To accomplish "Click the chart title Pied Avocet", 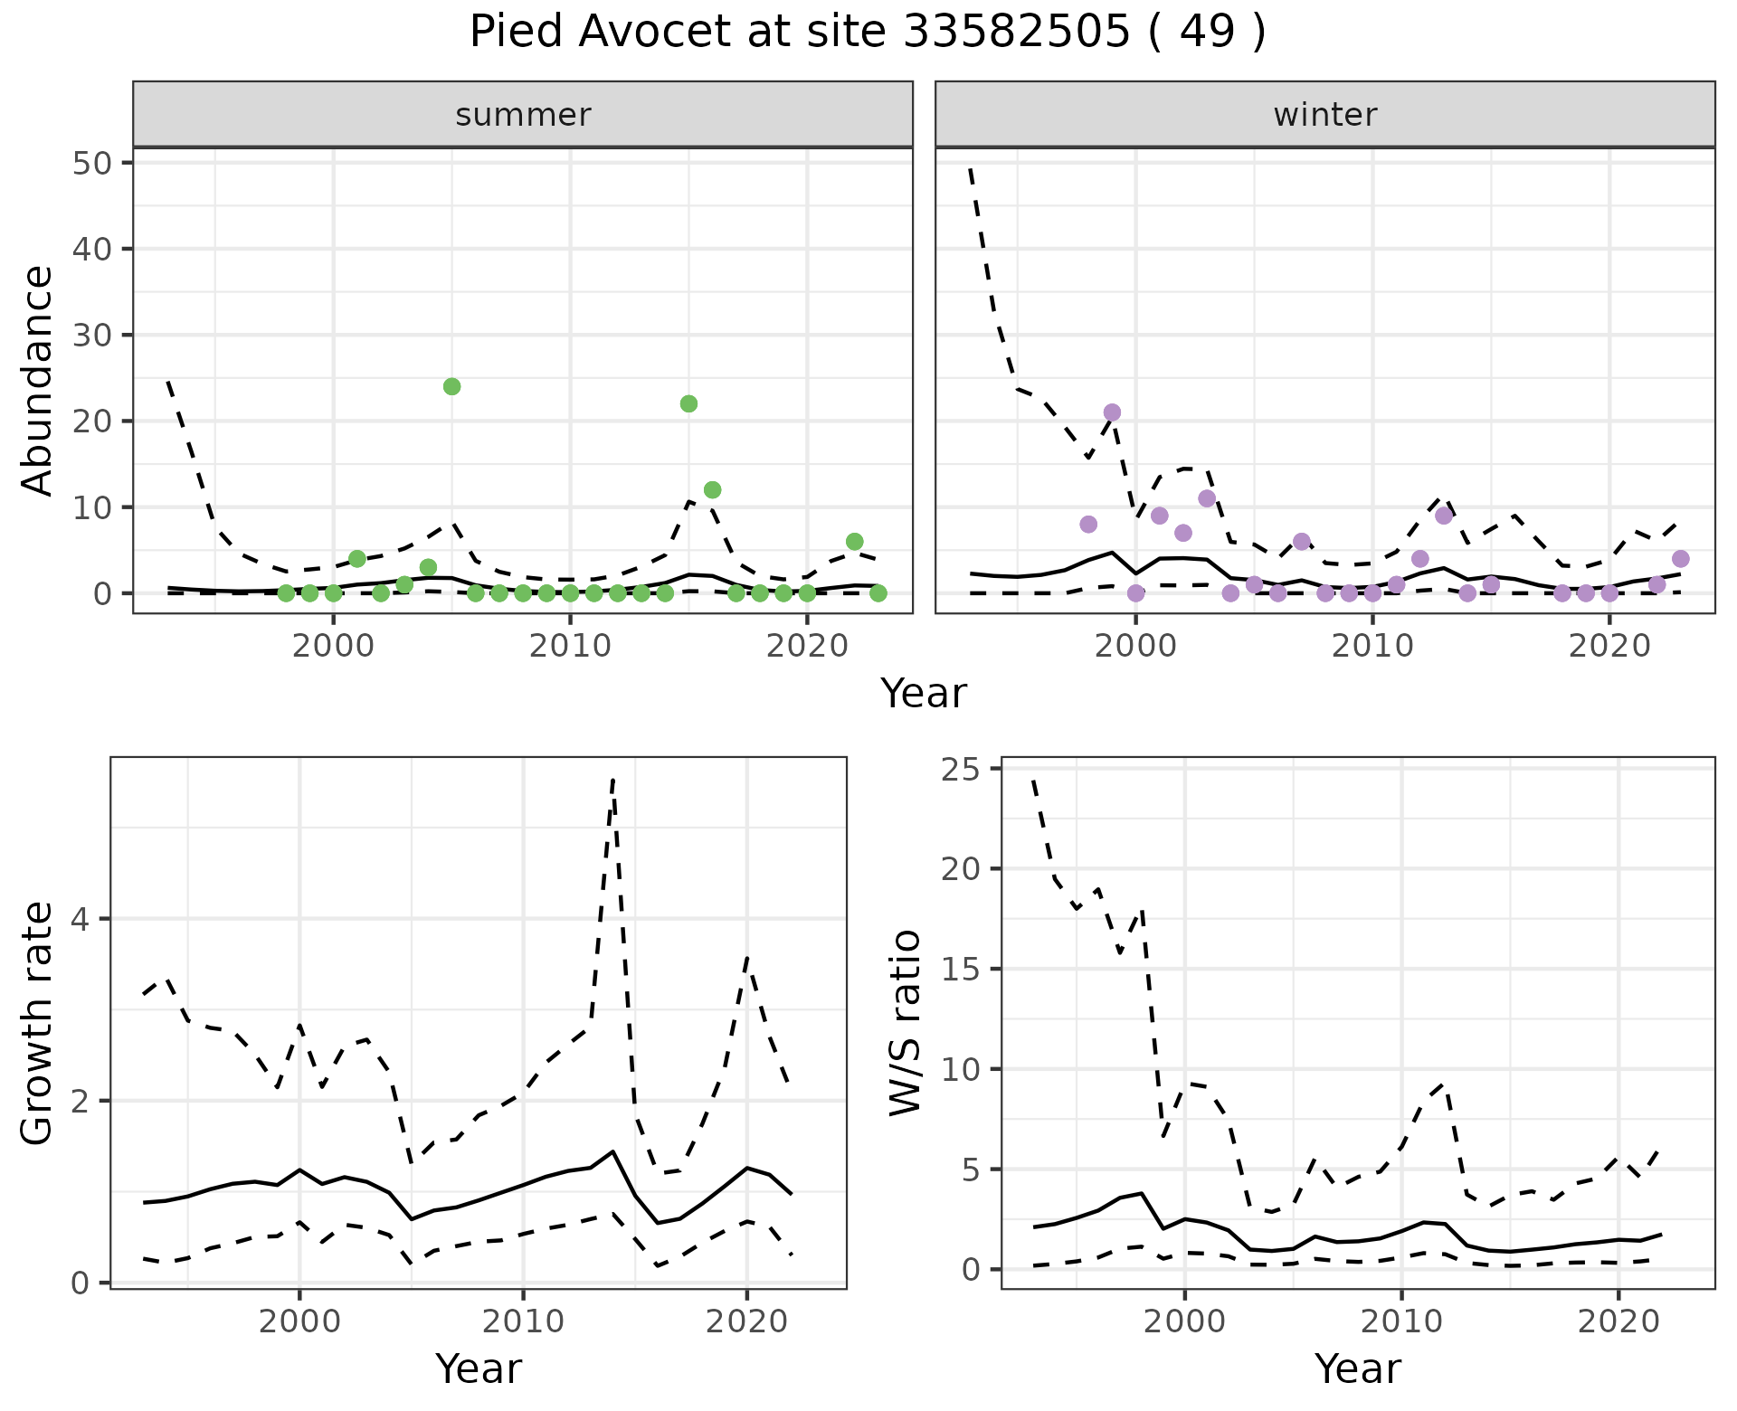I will pyautogui.click(x=867, y=33).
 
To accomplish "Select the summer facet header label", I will pyautogui.click(x=523, y=115).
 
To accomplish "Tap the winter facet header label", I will pyautogui.click(x=1324, y=115).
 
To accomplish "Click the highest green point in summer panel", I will pyautogui.click(x=452, y=386).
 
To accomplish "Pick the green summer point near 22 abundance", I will pyautogui.click(x=688, y=403).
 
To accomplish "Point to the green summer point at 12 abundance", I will pyautogui.click(x=713, y=490).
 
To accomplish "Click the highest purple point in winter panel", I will pyautogui.click(x=1113, y=412).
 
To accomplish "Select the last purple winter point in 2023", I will pyautogui.click(x=1681, y=559).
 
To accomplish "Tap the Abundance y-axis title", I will pyautogui.click(x=38, y=380).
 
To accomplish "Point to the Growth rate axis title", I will pyautogui.click(x=38, y=1023).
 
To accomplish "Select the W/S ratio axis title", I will pyautogui.click(x=905, y=1023).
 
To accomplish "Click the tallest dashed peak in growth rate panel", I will pyautogui.click(x=613, y=779).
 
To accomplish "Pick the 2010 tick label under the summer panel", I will pyautogui.click(x=570, y=647).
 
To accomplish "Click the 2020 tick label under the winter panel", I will pyautogui.click(x=1609, y=647).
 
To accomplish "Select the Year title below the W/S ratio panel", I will pyautogui.click(x=1357, y=1368).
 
